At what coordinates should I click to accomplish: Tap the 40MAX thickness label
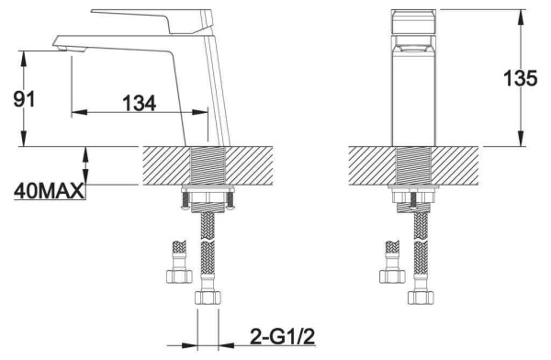[49, 192]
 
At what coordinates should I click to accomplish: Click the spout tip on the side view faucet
[64, 41]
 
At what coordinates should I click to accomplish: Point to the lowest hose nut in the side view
[208, 299]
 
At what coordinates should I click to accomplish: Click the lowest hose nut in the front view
[421, 299]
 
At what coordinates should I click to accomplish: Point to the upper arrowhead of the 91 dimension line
[21, 55]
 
